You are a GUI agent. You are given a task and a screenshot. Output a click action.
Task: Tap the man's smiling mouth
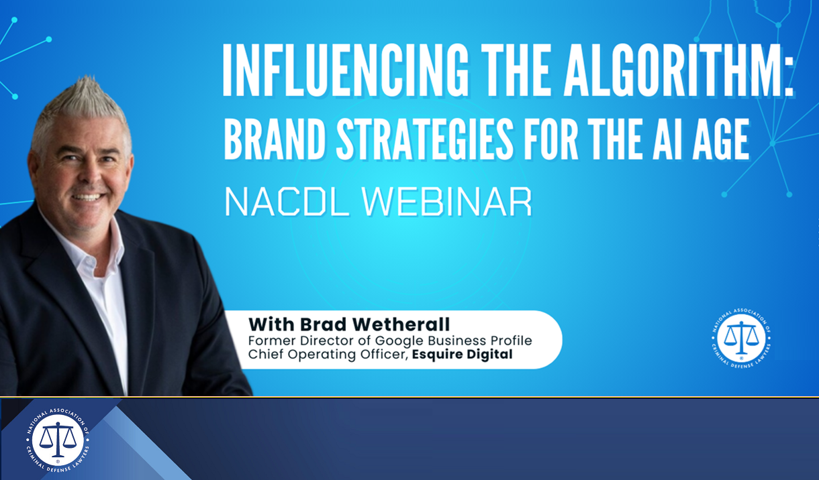click(x=87, y=197)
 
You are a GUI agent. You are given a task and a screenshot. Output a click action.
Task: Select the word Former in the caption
click(x=268, y=341)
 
